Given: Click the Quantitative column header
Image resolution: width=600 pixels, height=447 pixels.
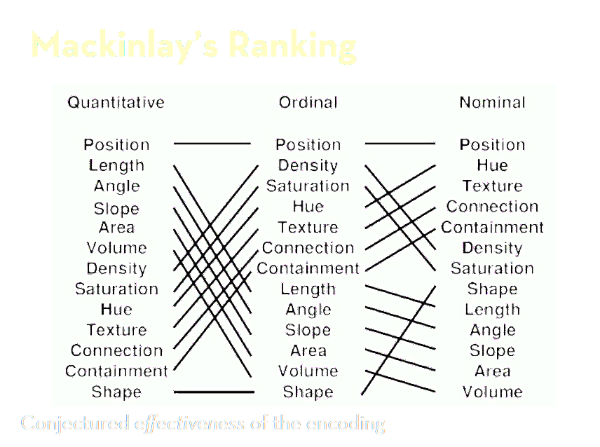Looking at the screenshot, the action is pos(116,102).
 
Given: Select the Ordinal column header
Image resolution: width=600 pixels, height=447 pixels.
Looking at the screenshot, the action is pos(308,102).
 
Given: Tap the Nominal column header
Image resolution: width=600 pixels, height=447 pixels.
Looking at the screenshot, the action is pos(492,102).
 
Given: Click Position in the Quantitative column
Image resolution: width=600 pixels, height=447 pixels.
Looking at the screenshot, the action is pos(116,144).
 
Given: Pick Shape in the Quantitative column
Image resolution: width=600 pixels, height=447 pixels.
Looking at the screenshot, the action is pos(116,392).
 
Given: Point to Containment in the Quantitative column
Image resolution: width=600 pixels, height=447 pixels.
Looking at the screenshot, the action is pos(116,371).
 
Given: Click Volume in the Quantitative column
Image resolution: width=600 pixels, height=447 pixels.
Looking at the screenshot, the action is pos(116,247).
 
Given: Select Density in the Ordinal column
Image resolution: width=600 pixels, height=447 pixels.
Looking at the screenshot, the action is pos(308,165).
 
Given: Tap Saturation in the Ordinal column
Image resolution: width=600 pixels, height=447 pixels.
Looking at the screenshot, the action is pos(308,186).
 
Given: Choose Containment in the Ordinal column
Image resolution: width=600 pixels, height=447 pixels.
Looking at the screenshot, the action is pos(308,268).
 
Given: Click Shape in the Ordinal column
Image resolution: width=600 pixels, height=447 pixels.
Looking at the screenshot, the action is pos(308,392).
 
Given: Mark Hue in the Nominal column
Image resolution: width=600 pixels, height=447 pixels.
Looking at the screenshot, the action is pos(492,165).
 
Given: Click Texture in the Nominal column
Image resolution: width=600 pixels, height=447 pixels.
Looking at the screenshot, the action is pos(492,186).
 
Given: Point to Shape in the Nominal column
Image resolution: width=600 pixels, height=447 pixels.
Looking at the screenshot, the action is pos(492,289).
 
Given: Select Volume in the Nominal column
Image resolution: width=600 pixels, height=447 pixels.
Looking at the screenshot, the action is pos(492,392).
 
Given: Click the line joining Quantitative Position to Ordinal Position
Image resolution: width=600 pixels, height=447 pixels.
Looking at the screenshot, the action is pos(212,144).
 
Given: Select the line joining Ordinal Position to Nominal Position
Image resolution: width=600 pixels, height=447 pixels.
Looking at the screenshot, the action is pos(400,144).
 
